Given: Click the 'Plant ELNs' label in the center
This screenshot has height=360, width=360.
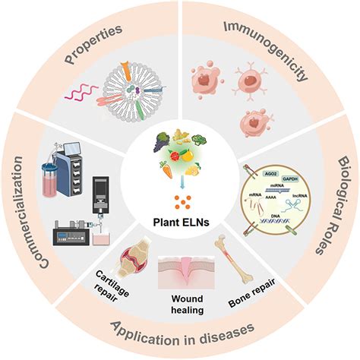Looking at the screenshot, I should (x=180, y=225).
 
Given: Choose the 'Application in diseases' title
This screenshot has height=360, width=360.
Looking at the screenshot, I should (x=180, y=334).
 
